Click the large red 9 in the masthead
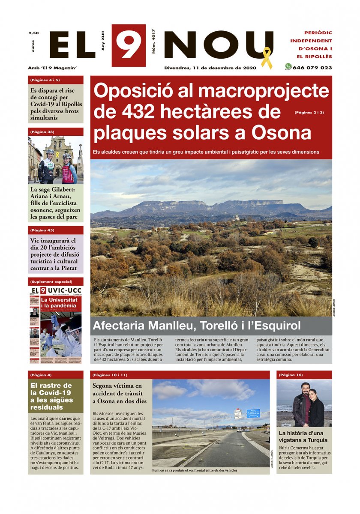[x=128, y=45]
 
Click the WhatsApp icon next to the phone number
[x=288, y=67]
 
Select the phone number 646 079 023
[x=312, y=68]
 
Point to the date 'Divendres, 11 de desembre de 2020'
[x=210, y=68]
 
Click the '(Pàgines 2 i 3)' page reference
[x=309, y=113]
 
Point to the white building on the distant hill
[x=236, y=217]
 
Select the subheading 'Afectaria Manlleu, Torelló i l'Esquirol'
[x=197, y=326]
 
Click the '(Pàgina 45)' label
[x=42, y=230]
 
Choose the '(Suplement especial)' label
[x=51, y=282]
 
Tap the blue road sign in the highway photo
[x=252, y=413]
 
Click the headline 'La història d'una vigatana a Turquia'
[x=303, y=436]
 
